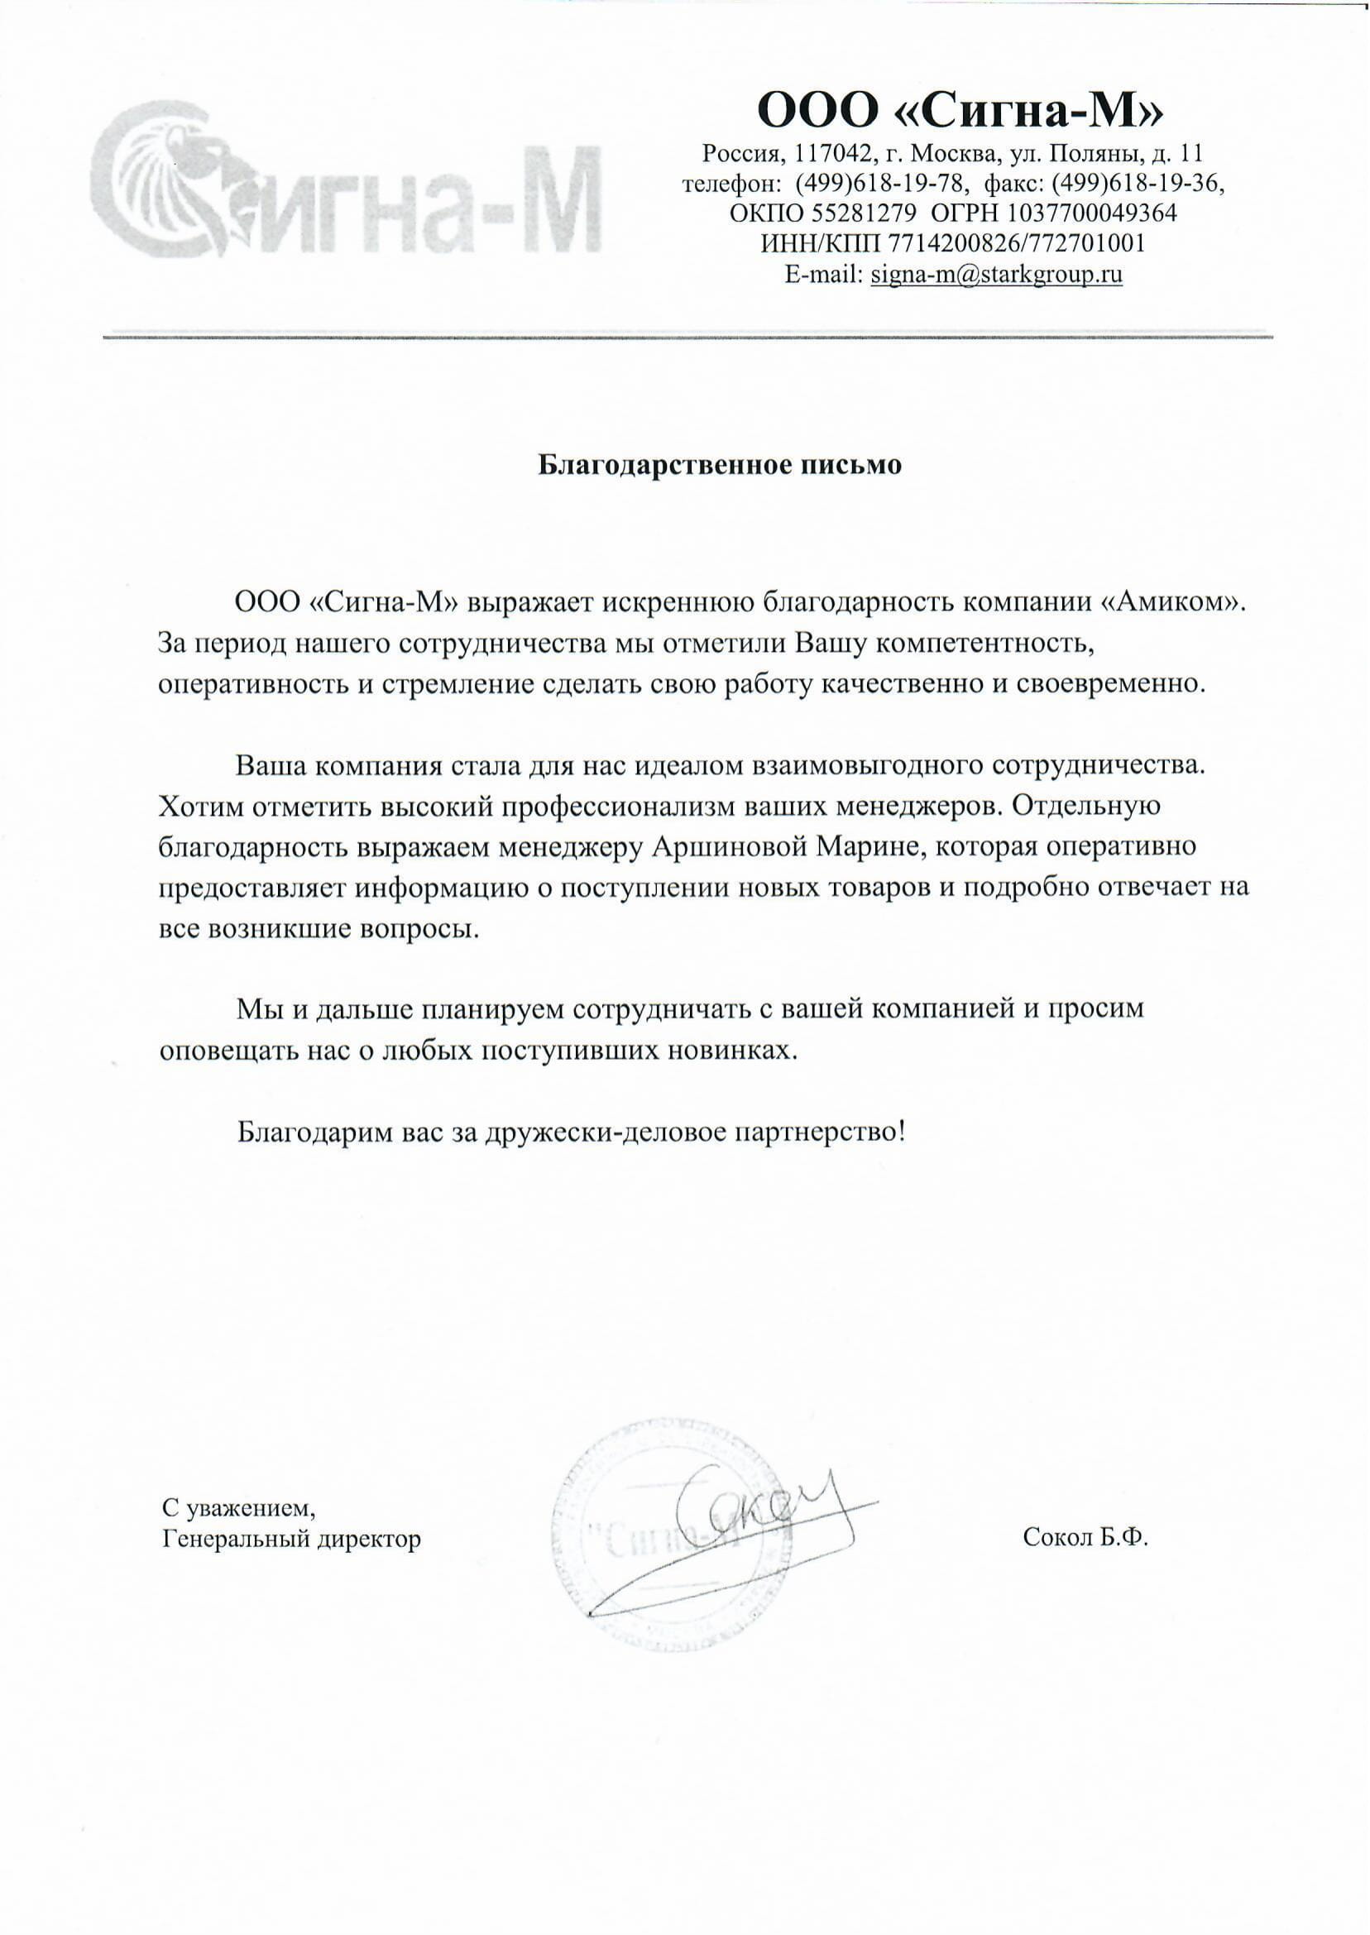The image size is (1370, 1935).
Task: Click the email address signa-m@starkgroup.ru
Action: coord(996,274)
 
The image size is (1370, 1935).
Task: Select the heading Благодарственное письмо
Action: coord(720,465)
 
